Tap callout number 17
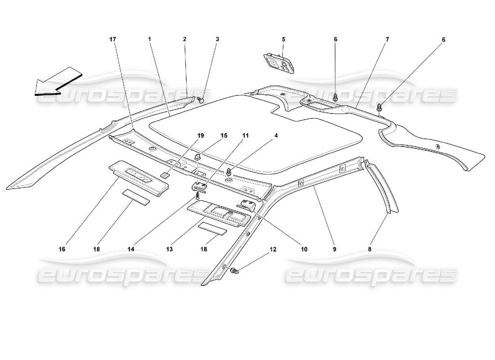point(112,40)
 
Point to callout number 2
point(184,40)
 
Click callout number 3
point(217,40)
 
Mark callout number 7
point(387,40)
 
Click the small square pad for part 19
point(165,175)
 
